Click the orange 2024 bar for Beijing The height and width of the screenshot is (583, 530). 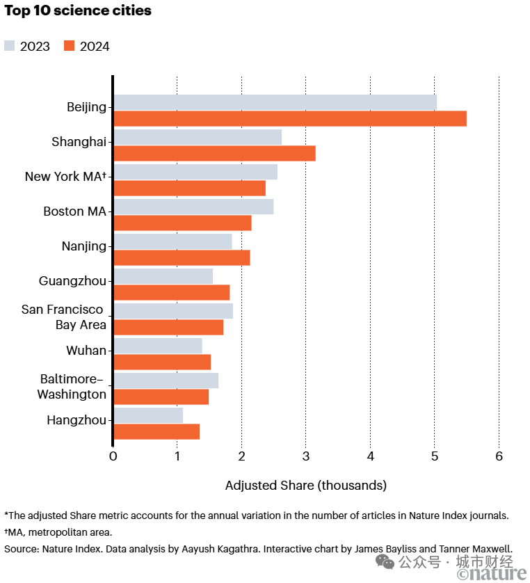[x=289, y=118]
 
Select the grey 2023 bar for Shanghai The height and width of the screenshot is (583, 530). [x=198, y=137]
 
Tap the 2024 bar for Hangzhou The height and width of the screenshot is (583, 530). [x=156, y=431]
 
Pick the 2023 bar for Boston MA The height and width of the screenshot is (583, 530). [x=193, y=207]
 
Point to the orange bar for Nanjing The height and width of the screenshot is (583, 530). [x=182, y=257]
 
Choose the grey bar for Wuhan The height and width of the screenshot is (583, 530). [x=158, y=346]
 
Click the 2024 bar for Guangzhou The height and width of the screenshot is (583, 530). [x=171, y=292]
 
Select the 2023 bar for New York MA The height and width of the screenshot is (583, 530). [x=195, y=172]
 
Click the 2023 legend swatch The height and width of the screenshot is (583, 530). [x=10, y=47]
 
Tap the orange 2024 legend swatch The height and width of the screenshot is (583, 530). [x=69, y=47]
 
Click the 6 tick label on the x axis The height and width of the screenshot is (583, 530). [x=499, y=456]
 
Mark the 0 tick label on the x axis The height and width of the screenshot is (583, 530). [x=113, y=456]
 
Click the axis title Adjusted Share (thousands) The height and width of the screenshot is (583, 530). [x=306, y=485]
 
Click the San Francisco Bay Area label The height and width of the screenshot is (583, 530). [x=63, y=317]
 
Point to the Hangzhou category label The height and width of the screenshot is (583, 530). [x=77, y=420]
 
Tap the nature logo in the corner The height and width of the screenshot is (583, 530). [x=492, y=573]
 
